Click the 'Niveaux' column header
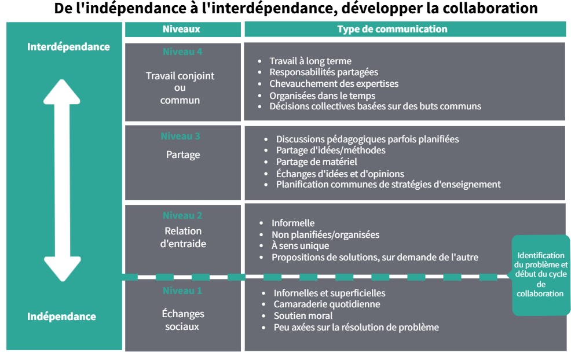tap(181, 29)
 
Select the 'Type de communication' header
tap(392, 29)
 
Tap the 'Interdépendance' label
tap(68, 47)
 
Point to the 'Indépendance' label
tap(61, 317)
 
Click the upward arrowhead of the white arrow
tap(62, 91)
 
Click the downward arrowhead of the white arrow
tap(63, 269)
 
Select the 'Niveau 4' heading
tap(182, 52)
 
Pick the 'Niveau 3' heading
tap(180, 136)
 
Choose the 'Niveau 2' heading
tap(182, 215)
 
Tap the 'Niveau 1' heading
tap(182, 291)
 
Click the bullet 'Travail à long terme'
tap(310, 61)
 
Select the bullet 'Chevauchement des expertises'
tap(334, 84)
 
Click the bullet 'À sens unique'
tap(300, 246)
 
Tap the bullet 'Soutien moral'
tap(303, 315)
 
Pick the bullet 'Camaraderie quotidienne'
tap(327, 304)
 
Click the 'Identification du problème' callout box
tap(540, 275)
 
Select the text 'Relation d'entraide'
tap(183, 237)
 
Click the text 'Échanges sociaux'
tap(182, 320)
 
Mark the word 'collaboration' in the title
tap(490, 8)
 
